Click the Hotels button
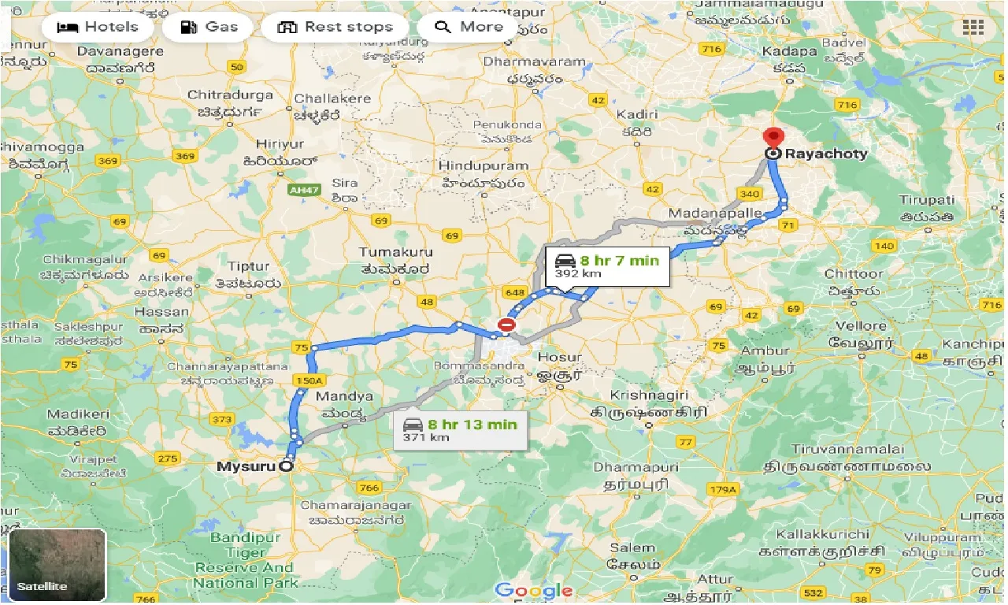97,27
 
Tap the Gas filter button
209,27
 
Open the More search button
469,27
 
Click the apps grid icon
973,28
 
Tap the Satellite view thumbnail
57,564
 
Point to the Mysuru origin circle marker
286,466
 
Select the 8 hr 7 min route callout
607,266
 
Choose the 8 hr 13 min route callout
460,430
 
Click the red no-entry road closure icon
506,325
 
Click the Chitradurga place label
230,95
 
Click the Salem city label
632,547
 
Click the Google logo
533,589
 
